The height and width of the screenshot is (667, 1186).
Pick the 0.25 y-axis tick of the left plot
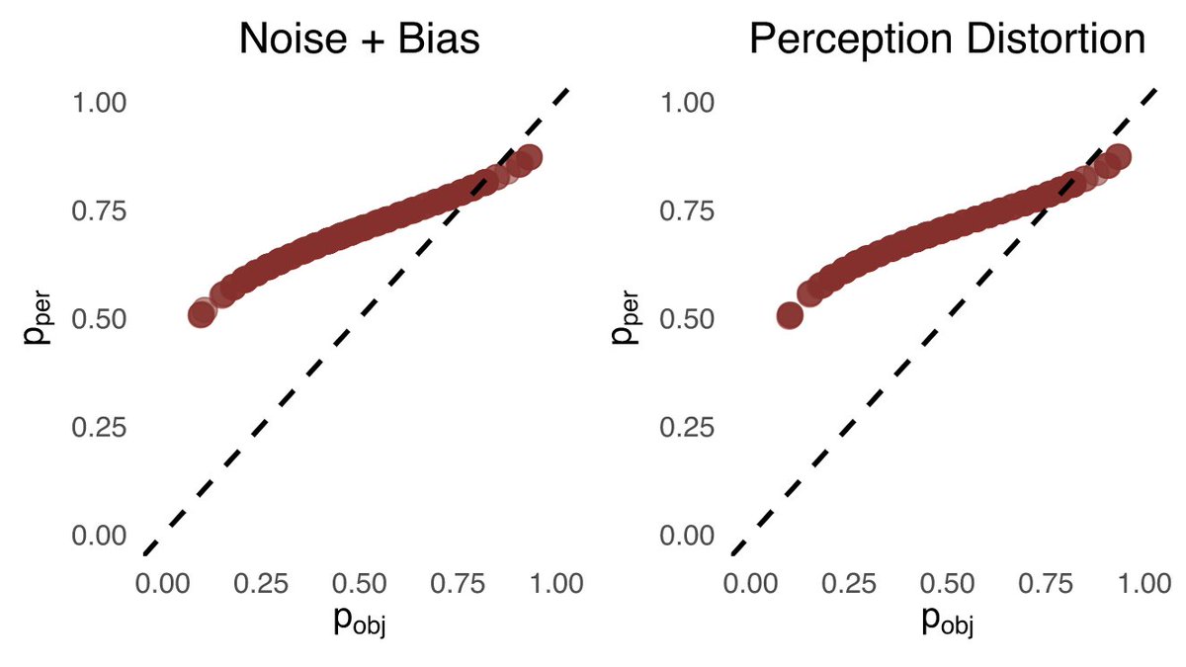pyautogui.click(x=99, y=427)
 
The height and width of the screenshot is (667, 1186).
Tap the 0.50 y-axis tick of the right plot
pyautogui.click(x=687, y=319)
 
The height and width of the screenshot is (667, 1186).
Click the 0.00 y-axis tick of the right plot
pyautogui.click(x=687, y=535)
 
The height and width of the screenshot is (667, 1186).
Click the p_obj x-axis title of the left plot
pyautogui.click(x=358, y=623)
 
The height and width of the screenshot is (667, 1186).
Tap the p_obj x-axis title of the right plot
pyautogui.click(x=947, y=623)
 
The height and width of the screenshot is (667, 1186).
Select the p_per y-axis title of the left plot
pyautogui.click(x=38, y=319)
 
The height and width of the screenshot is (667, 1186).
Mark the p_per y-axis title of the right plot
pyautogui.click(x=626, y=319)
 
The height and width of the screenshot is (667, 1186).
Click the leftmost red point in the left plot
pyautogui.click(x=201, y=315)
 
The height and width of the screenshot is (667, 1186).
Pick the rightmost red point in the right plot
pyautogui.click(x=1118, y=157)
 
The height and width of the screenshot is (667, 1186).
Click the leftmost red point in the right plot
pyautogui.click(x=790, y=315)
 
